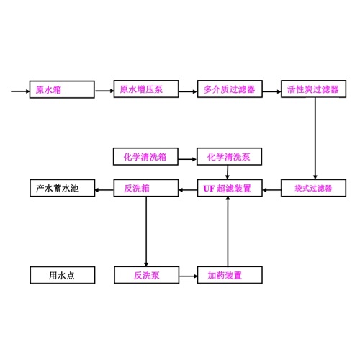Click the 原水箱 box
pyautogui.click(x=62, y=89)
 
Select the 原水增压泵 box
pyautogui.click(x=146, y=89)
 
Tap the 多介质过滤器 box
pyautogui.click(x=230, y=89)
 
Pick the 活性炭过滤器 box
pyautogui.click(x=313, y=89)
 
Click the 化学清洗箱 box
pyautogui.click(x=145, y=156)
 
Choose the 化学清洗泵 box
pyautogui.click(x=229, y=156)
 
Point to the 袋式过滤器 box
pyautogui.click(x=313, y=188)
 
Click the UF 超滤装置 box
pyautogui.click(x=230, y=188)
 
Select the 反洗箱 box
pyautogui.click(x=146, y=188)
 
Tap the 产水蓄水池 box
pyautogui.click(x=63, y=188)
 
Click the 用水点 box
pyautogui.click(x=63, y=275)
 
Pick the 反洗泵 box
pyautogui.click(x=147, y=275)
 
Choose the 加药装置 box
pyautogui.click(x=230, y=275)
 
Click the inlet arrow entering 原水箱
pyautogui.click(x=20, y=91)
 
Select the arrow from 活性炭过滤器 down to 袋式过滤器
pyautogui.click(x=315, y=138)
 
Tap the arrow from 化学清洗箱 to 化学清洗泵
pyautogui.click(x=187, y=159)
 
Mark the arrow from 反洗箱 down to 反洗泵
pyautogui.click(x=146, y=231)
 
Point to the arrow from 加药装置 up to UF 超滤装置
pyautogui.click(x=228, y=231)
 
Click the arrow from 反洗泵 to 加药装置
pyautogui.click(x=188, y=276)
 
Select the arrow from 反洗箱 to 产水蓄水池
pyautogui.click(x=104, y=190)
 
